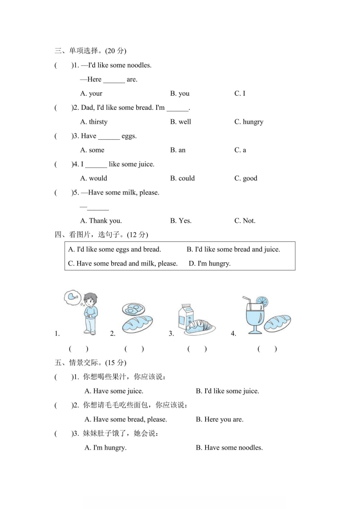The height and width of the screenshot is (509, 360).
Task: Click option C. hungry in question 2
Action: [x=248, y=122]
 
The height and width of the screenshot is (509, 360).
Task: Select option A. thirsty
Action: [x=94, y=122]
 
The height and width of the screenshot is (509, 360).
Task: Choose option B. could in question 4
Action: [x=182, y=178]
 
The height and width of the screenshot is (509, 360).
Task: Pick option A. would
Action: [x=94, y=178]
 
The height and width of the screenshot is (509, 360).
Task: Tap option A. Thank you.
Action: [x=101, y=221]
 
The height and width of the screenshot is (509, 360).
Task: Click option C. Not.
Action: [x=245, y=221]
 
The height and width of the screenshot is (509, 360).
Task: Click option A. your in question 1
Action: [x=91, y=93]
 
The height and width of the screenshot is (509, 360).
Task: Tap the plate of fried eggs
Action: [x=133, y=309]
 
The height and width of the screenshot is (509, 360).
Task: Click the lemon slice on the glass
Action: [x=262, y=301]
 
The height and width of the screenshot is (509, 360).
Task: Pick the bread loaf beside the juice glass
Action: [x=278, y=323]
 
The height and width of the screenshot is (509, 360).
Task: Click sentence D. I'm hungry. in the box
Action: [x=209, y=263]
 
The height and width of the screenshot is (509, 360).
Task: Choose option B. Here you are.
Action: [x=219, y=419]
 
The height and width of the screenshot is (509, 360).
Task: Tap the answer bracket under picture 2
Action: [x=134, y=349]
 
